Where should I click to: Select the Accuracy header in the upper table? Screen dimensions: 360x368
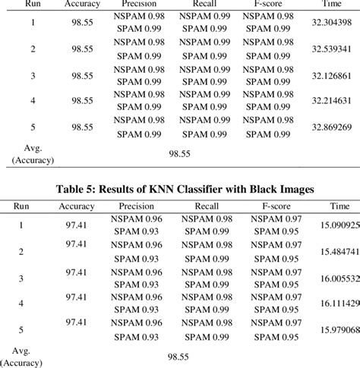pyautogui.click(x=82, y=4)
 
